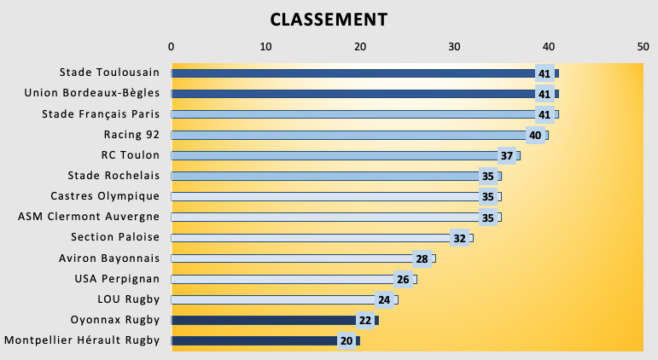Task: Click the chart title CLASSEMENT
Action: point(329,19)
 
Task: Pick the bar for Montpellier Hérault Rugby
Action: point(256,341)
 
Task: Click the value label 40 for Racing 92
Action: point(535,135)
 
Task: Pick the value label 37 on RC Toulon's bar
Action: point(507,156)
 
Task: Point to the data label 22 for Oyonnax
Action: point(365,321)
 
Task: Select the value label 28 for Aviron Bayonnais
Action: point(422,258)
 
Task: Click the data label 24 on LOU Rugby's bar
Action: point(384,299)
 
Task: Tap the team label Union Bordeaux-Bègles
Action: point(92,93)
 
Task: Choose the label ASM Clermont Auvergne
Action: point(89,217)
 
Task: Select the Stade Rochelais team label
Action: point(114,176)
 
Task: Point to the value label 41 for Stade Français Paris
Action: point(544,114)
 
